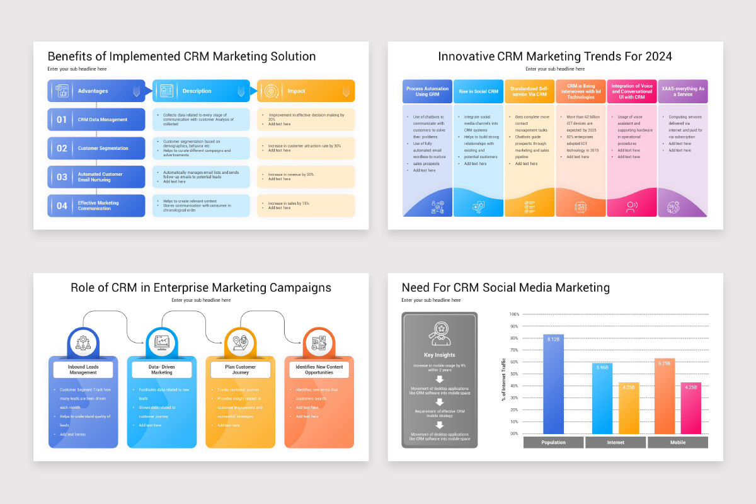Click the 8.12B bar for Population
tap(554, 384)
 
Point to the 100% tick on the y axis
tap(514, 314)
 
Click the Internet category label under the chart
tap(616, 442)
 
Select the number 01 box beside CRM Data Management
tap(62, 120)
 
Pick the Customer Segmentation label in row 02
tap(103, 149)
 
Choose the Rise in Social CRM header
tap(478, 91)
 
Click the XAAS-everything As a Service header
tap(683, 91)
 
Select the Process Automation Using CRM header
tap(427, 91)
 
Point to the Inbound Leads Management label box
tap(83, 370)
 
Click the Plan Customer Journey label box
tap(241, 370)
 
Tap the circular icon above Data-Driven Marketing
tap(162, 343)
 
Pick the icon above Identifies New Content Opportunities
tap(319, 343)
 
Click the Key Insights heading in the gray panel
tap(440, 355)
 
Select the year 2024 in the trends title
tap(658, 57)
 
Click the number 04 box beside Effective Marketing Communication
tap(62, 205)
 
